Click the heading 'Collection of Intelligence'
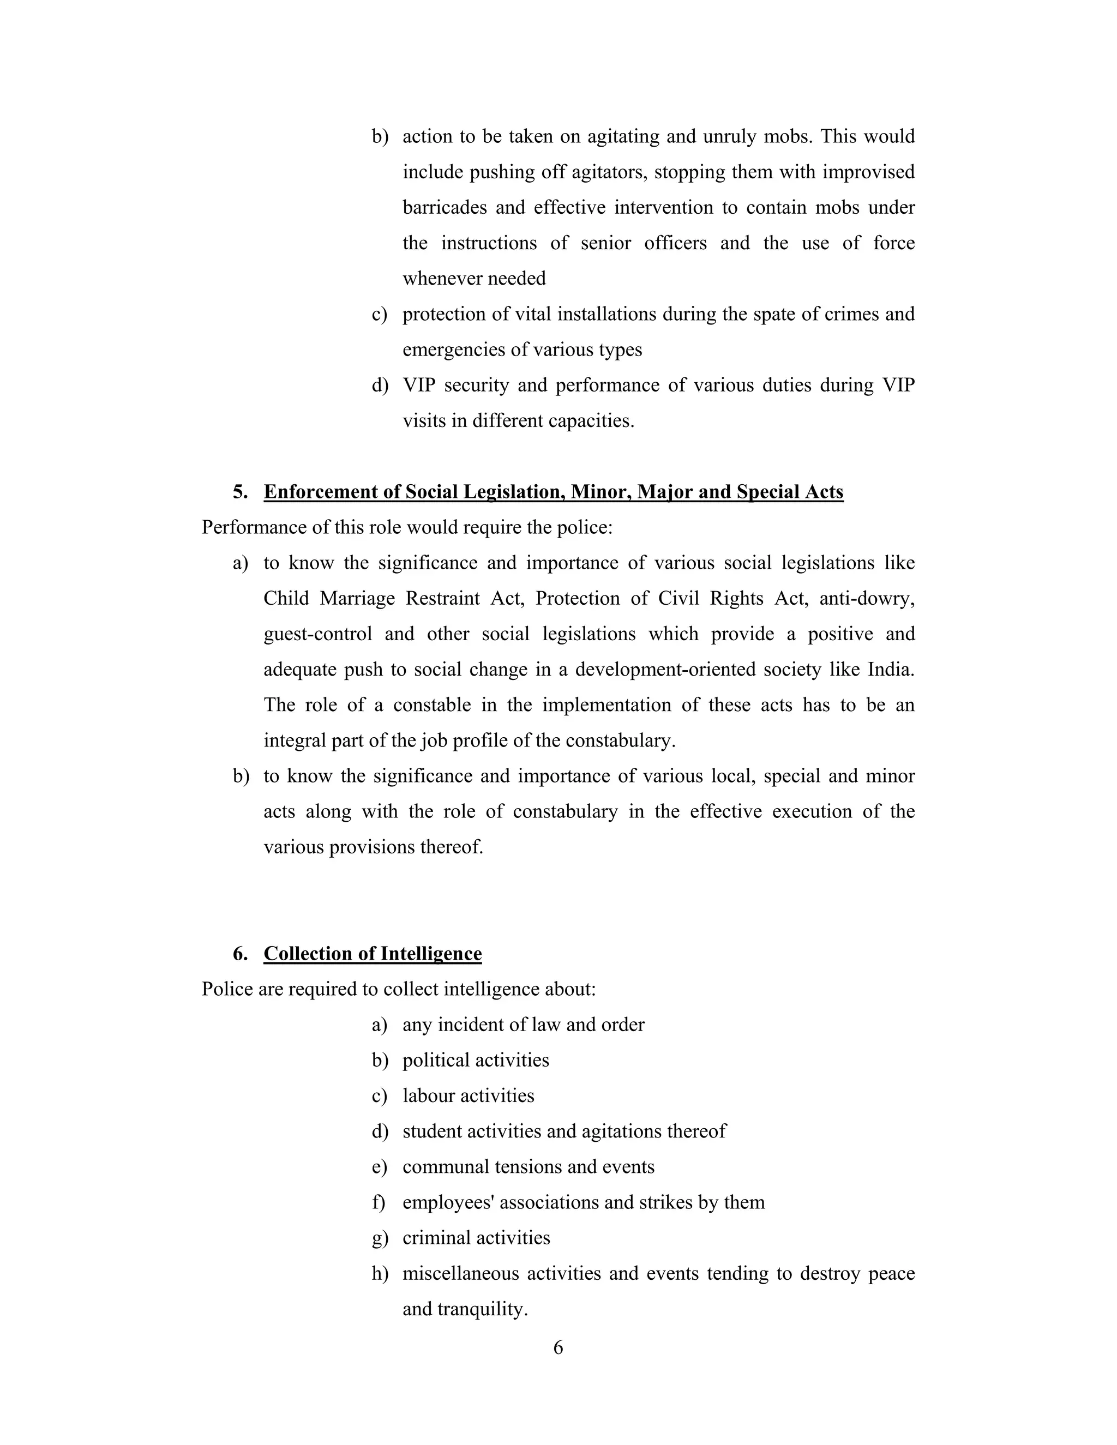(373, 953)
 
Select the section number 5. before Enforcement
(240, 492)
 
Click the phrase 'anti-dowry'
(866, 598)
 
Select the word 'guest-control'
(317, 634)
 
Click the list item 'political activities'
(476, 1060)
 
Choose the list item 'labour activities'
(468, 1095)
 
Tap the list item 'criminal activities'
(476, 1238)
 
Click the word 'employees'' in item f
(448, 1202)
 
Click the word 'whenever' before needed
(436, 279)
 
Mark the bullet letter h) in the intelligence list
(380, 1274)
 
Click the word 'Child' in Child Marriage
(286, 598)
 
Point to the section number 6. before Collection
(240, 953)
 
